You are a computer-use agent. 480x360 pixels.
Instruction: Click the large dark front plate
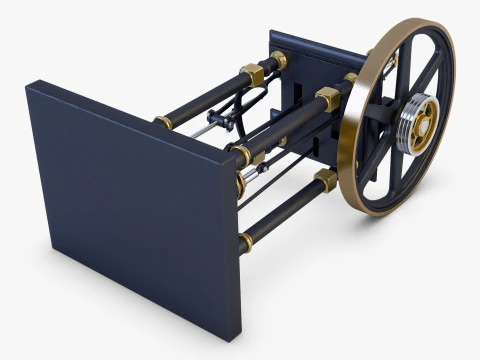point(130,200)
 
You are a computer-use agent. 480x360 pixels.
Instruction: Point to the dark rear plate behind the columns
point(305,55)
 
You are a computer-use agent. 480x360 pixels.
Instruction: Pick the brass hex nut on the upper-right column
point(328,98)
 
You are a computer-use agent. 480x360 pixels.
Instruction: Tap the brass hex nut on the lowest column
point(326,180)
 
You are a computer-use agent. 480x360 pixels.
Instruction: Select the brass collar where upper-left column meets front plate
point(163,122)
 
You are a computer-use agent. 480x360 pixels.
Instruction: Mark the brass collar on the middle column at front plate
point(243,155)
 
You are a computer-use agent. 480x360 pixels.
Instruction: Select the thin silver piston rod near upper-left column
point(200,130)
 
